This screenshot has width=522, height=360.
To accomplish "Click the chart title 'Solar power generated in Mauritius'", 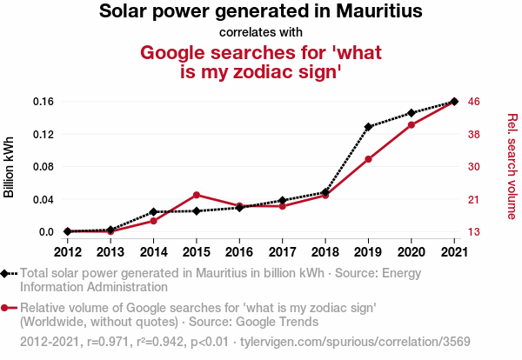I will click(261, 12).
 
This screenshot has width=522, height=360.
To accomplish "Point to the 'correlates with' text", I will click(261, 33).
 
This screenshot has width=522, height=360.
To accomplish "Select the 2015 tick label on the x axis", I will click(197, 252).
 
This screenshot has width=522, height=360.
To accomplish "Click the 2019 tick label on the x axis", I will click(368, 252).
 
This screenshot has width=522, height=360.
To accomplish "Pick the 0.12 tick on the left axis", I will click(43, 134).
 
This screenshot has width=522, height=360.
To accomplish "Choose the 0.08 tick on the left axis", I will click(43, 167).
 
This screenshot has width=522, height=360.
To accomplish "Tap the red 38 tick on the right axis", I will click(474, 135).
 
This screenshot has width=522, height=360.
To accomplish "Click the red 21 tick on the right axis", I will click(474, 200).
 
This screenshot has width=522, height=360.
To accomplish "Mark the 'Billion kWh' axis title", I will click(10, 167).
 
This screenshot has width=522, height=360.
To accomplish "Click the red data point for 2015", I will click(197, 195).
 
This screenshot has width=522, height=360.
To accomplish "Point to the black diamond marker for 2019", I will click(368, 127).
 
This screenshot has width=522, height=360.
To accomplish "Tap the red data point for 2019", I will click(368, 159).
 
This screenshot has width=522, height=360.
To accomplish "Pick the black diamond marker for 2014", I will click(153, 212).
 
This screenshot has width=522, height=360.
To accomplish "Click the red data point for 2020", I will click(412, 125).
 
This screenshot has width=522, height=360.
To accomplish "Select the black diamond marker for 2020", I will click(412, 113).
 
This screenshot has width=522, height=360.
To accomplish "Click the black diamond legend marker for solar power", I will click(7, 274).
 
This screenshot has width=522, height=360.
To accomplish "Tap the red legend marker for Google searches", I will click(7, 308).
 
